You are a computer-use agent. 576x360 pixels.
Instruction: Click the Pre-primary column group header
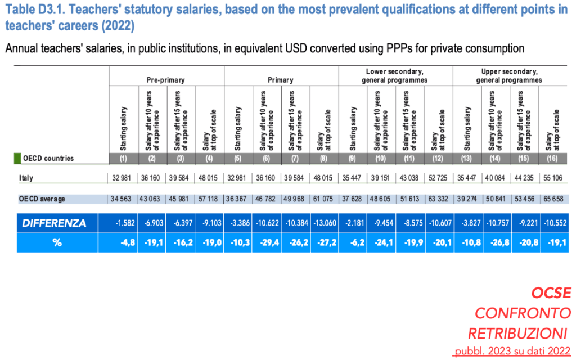coord(166,80)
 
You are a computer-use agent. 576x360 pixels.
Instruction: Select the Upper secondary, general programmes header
coord(509,76)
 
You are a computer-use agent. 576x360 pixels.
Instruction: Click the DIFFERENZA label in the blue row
coord(54,223)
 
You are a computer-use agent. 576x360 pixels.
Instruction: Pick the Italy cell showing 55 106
coord(553,178)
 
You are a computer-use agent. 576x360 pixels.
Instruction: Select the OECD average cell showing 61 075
coord(324,199)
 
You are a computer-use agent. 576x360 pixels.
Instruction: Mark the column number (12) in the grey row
coord(438,158)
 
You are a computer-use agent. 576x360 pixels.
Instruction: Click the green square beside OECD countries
coord(17,158)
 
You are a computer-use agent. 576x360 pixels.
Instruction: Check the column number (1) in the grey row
coord(123,158)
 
